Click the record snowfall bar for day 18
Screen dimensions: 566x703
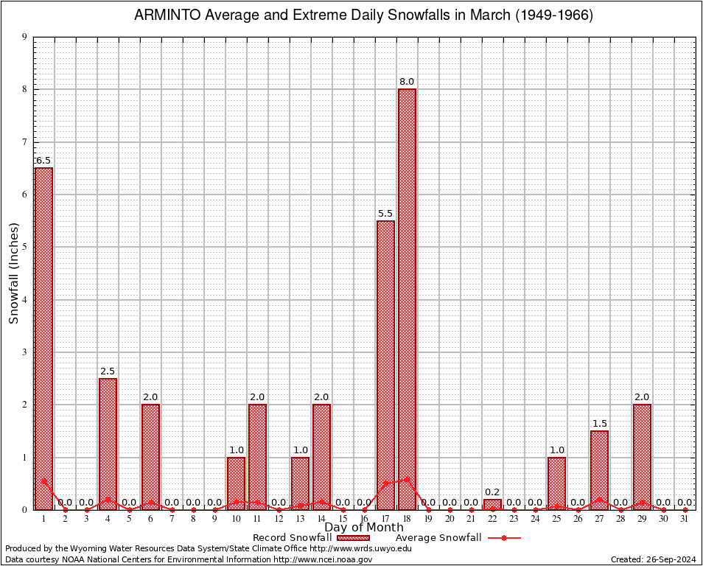coord(407,298)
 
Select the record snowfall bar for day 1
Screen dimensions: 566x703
coord(43,338)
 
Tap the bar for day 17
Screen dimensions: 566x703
coord(385,365)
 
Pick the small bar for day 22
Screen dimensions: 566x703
coord(492,504)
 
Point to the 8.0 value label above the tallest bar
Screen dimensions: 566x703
coord(407,82)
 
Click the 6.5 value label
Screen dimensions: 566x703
coord(43,161)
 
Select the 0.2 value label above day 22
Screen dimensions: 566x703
coord(492,492)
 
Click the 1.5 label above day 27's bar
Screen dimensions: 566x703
coord(599,424)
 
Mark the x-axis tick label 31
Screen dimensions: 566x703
coord(685,519)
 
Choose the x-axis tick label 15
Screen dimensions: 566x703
coord(343,519)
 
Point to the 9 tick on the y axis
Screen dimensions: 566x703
coord(25,37)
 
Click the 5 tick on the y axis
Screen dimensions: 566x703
coord(25,247)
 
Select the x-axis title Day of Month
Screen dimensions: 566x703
coord(363,528)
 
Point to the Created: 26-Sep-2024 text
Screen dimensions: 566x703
coord(654,559)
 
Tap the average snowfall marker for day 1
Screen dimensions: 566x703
coord(43,481)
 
